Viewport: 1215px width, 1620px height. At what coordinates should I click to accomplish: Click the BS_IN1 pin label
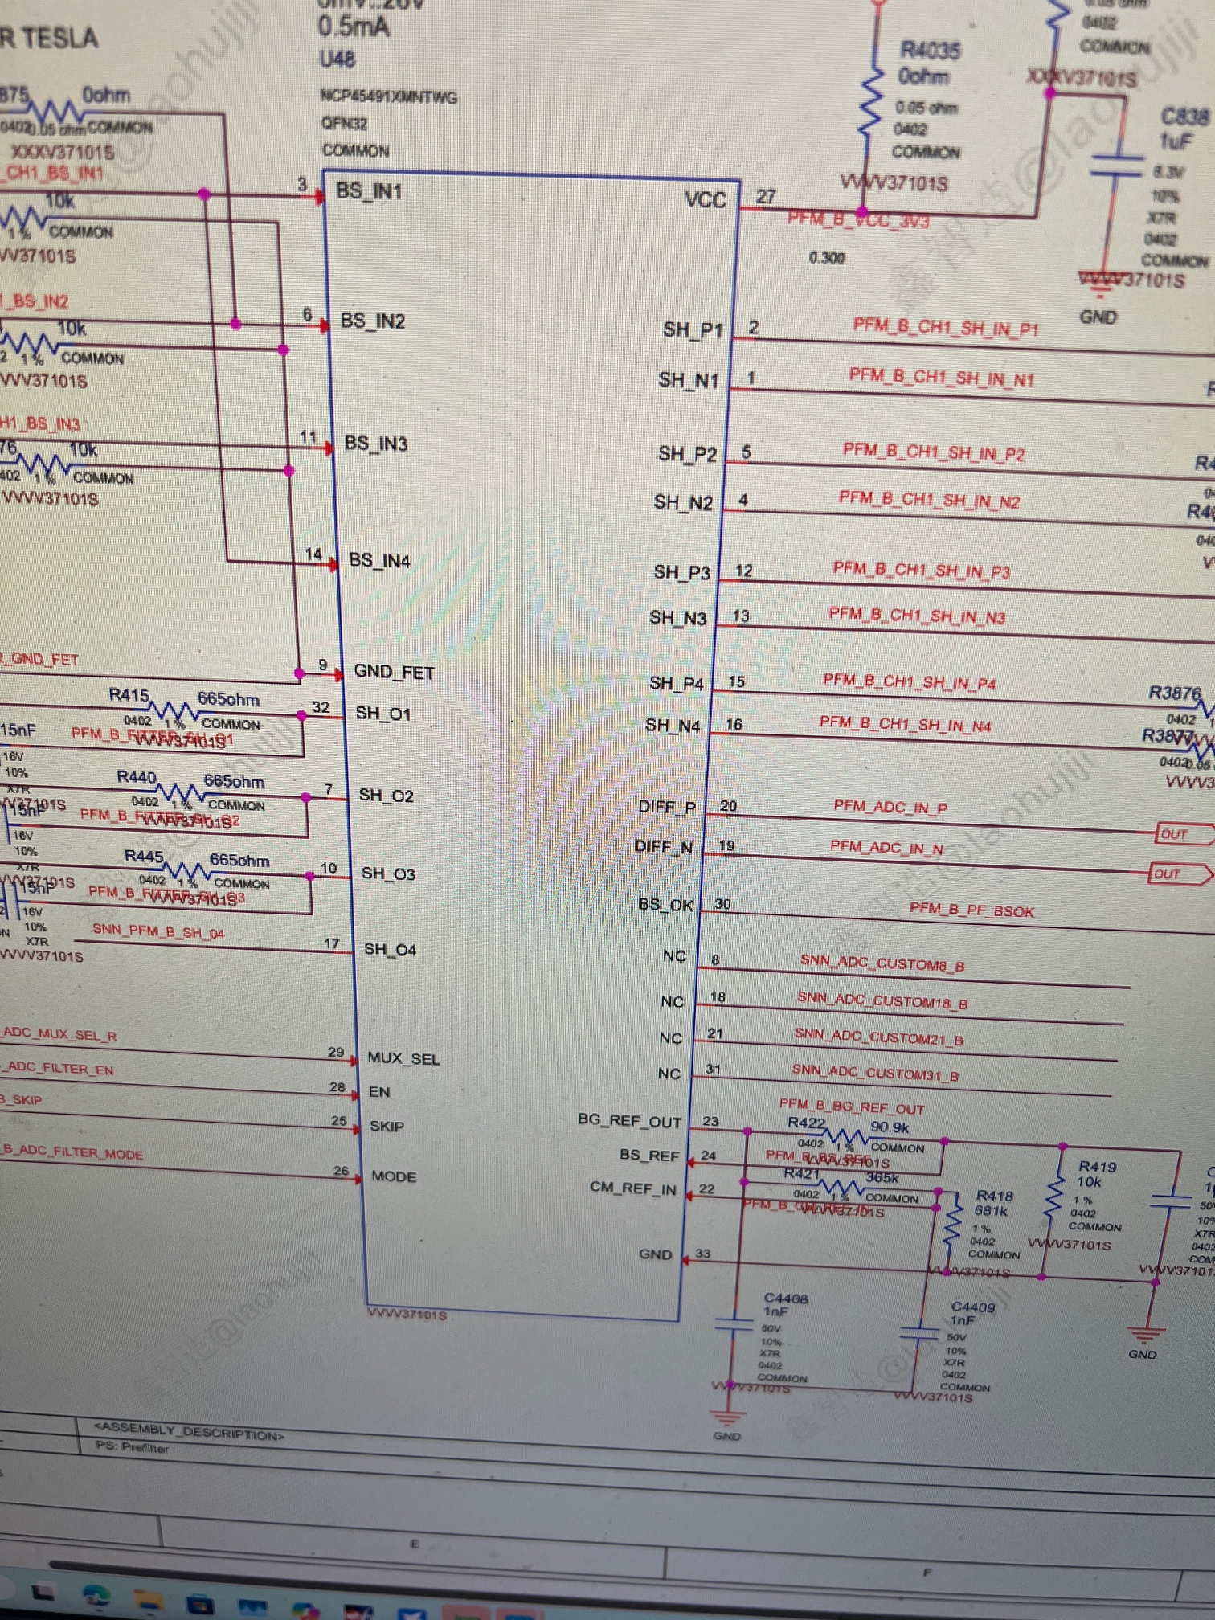(x=369, y=191)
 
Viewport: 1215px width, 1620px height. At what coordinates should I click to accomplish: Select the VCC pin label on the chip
(x=706, y=199)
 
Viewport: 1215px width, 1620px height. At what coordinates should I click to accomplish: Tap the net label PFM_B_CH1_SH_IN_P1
(x=946, y=327)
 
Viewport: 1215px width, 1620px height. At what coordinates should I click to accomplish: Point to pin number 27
(x=766, y=196)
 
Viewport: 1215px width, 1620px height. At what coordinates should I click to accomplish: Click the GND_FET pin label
(x=394, y=672)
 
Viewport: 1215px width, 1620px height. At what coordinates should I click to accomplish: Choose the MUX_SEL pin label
(x=403, y=1058)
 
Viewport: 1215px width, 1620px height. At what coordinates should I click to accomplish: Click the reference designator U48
(x=337, y=59)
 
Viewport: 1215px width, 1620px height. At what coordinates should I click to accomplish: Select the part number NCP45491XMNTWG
(x=389, y=97)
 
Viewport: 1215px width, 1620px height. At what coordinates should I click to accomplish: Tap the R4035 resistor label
(x=930, y=50)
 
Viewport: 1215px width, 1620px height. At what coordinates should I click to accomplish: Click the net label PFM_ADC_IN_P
(x=890, y=806)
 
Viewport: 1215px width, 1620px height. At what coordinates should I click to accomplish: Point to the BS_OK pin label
(x=665, y=905)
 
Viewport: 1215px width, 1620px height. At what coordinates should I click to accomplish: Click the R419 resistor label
(x=1097, y=1166)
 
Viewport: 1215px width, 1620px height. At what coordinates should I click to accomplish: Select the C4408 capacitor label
(x=786, y=1298)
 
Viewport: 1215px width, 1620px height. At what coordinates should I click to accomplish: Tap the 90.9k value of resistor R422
(x=890, y=1127)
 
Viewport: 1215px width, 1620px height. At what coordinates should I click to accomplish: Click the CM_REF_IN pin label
(x=633, y=1188)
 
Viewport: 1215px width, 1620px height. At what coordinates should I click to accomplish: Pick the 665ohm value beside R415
(x=228, y=698)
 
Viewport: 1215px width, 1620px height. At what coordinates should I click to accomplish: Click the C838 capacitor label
(x=1184, y=117)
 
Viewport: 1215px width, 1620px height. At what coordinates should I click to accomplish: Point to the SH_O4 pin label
(x=390, y=949)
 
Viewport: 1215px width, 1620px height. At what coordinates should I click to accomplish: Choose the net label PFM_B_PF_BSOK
(x=972, y=910)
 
